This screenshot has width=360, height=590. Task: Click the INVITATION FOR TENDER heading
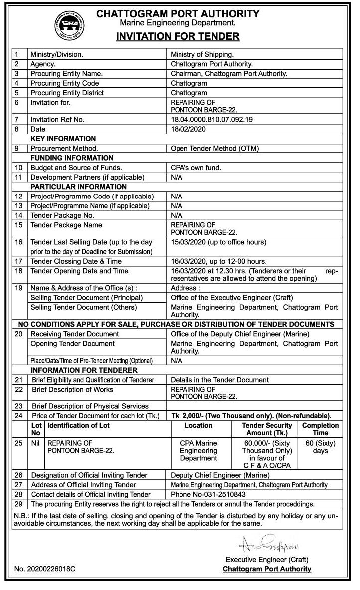pos(178,36)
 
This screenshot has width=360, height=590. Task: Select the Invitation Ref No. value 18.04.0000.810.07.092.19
pos(212,120)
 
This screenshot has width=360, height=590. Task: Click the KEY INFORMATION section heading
pos(63,138)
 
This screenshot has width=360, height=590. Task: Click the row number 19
pos(19,288)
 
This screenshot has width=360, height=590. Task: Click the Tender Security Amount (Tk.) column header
pos(267,429)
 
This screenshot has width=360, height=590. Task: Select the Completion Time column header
pos(320,429)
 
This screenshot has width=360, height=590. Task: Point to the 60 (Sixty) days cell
pos(320,447)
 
